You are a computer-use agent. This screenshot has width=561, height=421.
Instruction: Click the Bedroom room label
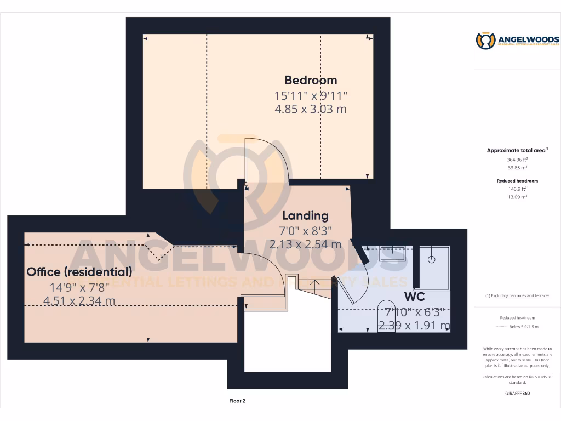(x=311, y=81)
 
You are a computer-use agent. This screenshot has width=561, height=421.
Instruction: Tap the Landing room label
(x=305, y=216)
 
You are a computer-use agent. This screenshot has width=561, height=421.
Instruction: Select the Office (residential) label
(x=79, y=271)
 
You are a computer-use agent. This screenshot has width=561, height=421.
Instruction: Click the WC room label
(x=415, y=297)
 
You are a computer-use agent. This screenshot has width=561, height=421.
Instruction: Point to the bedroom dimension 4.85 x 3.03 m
(x=311, y=109)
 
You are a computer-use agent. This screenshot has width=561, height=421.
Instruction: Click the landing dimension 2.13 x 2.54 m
(x=305, y=244)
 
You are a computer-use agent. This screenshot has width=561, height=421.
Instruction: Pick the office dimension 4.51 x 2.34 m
(x=79, y=300)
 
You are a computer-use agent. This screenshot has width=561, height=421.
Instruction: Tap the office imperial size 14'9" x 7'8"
(x=79, y=286)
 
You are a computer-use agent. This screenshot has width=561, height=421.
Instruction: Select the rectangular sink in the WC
(x=392, y=254)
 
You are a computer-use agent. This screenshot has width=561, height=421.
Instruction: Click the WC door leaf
(x=359, y=255)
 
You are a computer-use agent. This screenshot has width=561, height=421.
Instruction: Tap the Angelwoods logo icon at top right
(x=485, y=41)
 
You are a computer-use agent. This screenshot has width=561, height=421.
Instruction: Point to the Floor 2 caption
(x=237, y=401)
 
